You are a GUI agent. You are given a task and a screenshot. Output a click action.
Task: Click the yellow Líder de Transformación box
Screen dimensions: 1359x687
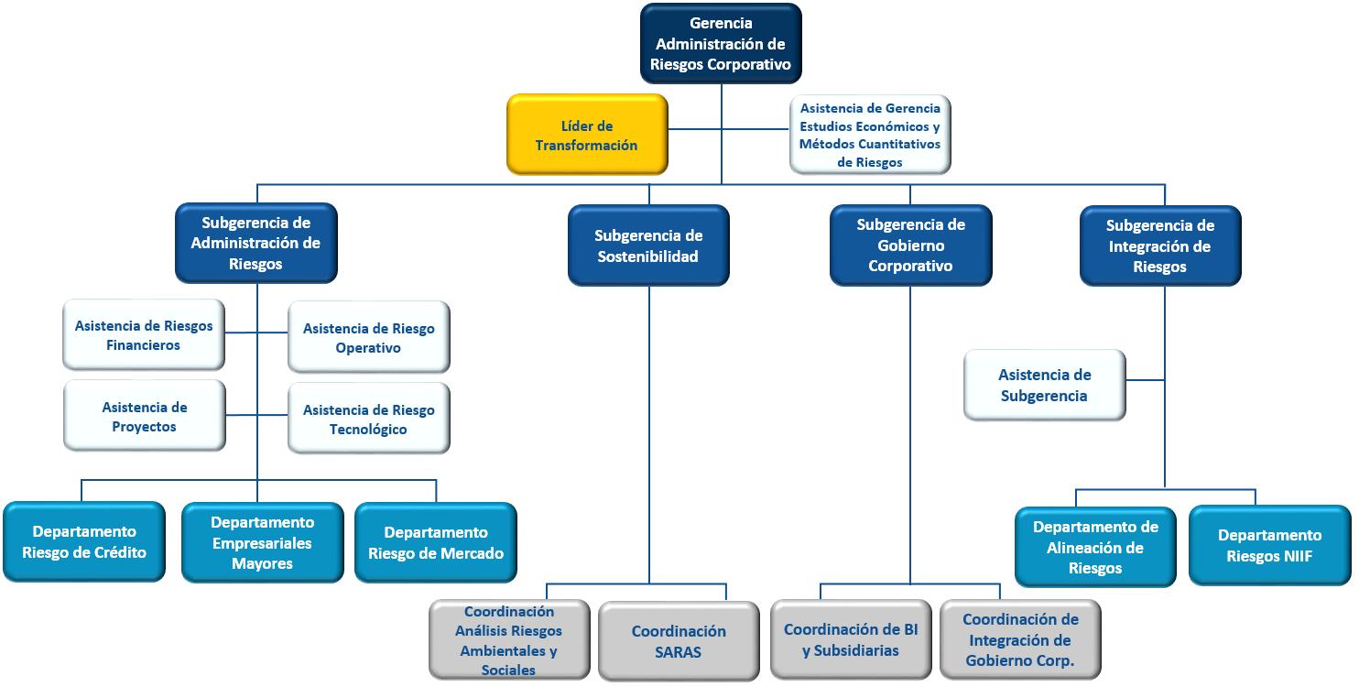[x=587, y=134]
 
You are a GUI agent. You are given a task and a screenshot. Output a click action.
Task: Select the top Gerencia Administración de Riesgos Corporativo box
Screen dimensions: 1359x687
[x=721, y=44]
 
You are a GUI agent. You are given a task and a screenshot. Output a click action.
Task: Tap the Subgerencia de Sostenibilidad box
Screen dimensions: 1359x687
[x=648, y=245]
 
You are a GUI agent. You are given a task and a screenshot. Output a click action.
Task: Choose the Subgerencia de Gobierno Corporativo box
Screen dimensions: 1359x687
[x=910, y=245]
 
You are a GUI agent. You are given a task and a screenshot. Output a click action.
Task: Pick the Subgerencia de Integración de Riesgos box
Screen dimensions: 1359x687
[x=1160, y=245]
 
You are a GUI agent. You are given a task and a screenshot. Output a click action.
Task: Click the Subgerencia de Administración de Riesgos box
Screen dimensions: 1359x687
[x=256, y=243]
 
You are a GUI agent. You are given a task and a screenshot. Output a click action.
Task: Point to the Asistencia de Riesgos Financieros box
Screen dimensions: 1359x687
[x=144, y=334]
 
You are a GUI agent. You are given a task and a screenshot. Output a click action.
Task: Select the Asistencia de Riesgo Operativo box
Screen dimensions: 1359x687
[x=369, y=337]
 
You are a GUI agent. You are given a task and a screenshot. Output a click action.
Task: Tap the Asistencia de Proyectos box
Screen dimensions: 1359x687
[x=145, y=416]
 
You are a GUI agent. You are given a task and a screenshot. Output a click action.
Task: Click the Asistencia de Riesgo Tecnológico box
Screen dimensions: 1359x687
[x=369, y=418]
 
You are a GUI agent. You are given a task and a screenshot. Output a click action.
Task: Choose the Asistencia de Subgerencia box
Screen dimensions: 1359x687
[x=1045, y=385]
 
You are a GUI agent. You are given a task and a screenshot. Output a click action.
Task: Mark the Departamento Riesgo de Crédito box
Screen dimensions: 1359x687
[x=84, y=541]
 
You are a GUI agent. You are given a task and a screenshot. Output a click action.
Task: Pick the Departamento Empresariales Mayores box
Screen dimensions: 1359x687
[x=263, y=542]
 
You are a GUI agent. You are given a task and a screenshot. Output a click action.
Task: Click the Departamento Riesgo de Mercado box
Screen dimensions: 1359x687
[x=436, y=542]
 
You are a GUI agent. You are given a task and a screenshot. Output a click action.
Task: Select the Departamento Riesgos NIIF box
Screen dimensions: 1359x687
[x=1270, y=545]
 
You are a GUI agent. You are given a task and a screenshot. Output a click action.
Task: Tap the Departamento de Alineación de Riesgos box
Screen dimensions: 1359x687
[x=1095, y=547]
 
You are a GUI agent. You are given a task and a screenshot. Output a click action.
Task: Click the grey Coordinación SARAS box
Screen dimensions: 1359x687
[x=679, y=641]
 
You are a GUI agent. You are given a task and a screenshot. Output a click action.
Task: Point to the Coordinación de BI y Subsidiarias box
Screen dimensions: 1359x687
[x=851, y=639]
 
